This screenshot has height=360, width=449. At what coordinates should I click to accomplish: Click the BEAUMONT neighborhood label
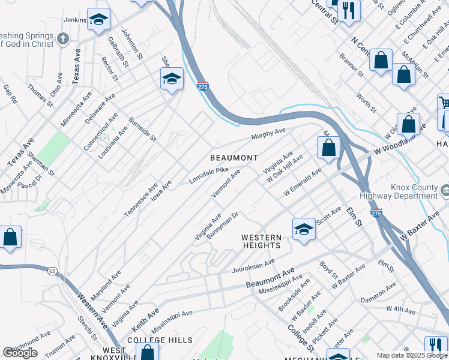click(234, 158)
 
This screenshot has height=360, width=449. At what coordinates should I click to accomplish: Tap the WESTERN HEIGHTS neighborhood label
click(261, 241)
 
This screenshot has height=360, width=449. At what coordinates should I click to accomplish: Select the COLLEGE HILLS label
click(160, 340)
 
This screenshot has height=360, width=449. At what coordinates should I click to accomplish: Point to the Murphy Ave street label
click(268, 133)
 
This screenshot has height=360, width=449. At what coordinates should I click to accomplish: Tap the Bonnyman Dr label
click(223, 224)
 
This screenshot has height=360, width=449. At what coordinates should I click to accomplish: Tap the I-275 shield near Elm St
click(376, 213)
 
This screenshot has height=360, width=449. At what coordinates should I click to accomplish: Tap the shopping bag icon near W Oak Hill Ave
click(328, 148)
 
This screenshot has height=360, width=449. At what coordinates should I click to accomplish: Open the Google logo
click(20, 353)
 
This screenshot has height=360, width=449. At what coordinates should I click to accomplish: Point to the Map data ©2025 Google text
click(411, 355)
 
